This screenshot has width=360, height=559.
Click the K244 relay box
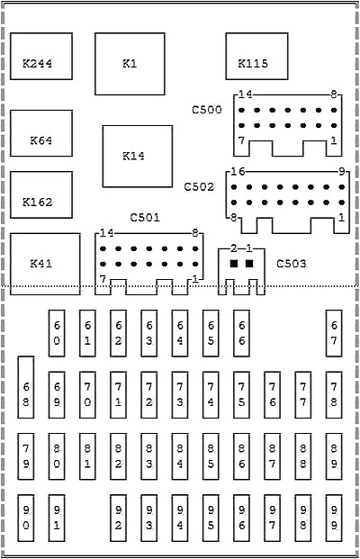coord(41,57)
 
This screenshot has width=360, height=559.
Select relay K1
coord(130,64)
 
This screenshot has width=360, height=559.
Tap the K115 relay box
coord(256,57)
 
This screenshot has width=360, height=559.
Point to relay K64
coord(41,133)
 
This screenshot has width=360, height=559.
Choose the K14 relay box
coord(138,156)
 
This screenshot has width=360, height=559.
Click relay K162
coord(41,194)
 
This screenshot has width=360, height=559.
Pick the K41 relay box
coord(45,264)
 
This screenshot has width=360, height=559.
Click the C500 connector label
coord(207,110)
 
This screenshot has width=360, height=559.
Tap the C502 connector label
coord(199,186)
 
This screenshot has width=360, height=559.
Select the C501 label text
coord(145,217)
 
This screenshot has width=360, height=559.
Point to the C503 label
coord(292,264)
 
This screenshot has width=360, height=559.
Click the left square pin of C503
coord(234,264)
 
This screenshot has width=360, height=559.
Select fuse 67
coord(334,333)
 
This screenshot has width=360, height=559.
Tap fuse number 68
coord(26,387)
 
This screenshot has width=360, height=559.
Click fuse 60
coord(57,333)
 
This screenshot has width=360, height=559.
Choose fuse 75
coord(242,395)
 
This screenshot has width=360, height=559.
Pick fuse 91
coord(57,518)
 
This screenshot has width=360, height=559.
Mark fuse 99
coord(334,518)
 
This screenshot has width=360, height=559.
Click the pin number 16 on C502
coord(238,172)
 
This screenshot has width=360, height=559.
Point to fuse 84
coord(180,456)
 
